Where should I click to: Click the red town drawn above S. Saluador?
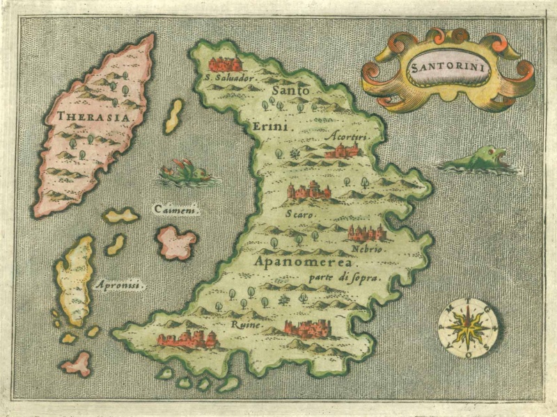[x=225, y=64]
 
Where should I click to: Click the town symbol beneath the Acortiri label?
[x=342, y=151]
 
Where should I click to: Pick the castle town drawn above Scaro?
[x=309, y=190]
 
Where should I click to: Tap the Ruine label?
[x=246, y=324]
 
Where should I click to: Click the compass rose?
[x=468, y=327]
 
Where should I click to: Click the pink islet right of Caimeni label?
[x=176, y=242]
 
